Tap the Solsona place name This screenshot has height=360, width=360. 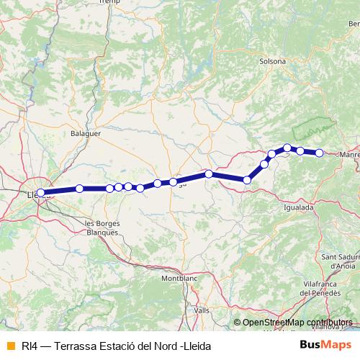274,61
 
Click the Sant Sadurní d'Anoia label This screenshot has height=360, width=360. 341,261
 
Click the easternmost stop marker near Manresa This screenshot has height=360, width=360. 319,152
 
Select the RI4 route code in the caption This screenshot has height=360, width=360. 29,346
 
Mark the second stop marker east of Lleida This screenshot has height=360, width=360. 110,189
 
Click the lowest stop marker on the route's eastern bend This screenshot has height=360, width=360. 247,179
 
